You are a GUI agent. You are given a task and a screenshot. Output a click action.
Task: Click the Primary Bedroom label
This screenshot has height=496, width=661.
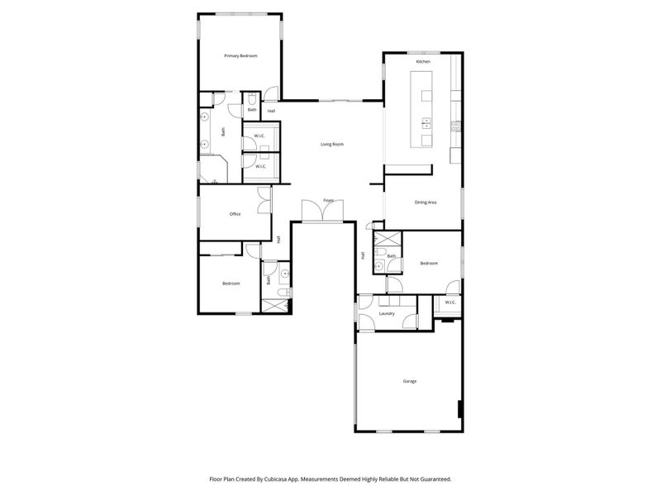click(241, 55)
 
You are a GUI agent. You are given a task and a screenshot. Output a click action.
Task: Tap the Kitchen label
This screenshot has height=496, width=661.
click(423, 62)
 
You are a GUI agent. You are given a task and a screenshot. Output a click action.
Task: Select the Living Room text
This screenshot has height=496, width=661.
click(332, 145)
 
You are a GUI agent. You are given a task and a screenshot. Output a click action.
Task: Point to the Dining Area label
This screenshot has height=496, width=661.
click(426, 203)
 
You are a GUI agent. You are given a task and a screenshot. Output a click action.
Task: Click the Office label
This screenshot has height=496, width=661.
click(235, 214)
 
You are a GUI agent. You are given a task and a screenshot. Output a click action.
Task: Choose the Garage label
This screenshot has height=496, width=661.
click(409, 381)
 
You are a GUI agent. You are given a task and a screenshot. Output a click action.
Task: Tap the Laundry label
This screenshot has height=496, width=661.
click(386, 314)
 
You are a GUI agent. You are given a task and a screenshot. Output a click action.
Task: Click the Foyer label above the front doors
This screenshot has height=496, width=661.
click(328, 200)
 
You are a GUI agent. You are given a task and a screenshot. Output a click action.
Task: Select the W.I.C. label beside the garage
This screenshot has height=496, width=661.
click(450, 303)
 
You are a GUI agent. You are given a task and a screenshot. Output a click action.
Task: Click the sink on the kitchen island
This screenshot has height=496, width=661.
click(426, 124)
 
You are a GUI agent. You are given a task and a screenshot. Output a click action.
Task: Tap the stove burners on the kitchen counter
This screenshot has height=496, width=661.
click(454, 126)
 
